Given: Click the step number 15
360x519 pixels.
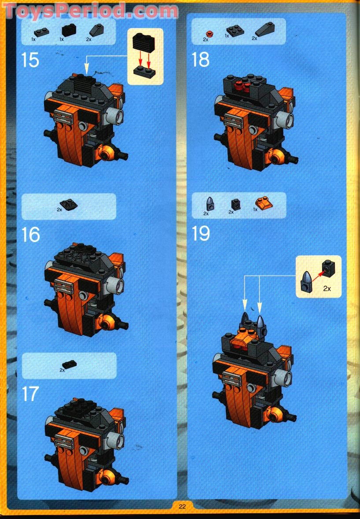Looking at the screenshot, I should pyautogui.click(x=30, y=59).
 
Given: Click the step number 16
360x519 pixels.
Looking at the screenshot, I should pyautogui.click(x=30, y=235).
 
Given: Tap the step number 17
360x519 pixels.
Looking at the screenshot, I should pyautogui.click(x=30, y=394).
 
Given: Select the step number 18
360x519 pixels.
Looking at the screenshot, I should pyautogui.click(x=201, y=59).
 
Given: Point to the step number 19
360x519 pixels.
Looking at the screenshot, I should pyautogui.click(x=201, y=234).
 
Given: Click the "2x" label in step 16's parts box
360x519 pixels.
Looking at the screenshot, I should pyautogui.click(x=59, y=210).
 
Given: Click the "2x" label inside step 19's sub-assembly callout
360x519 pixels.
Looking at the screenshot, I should pyautogui.click(x=327, y=289).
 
